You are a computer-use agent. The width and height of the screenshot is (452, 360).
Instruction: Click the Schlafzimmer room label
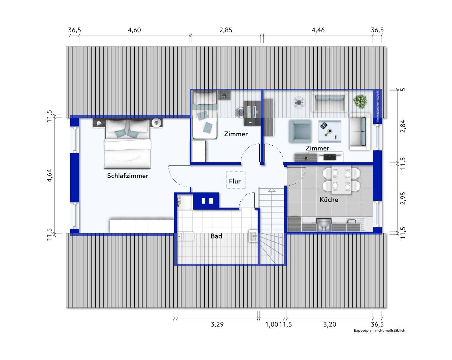click(x=127, y=175)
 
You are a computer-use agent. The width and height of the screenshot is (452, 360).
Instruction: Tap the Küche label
click(x=329, y=199)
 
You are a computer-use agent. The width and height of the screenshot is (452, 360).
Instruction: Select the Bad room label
click(x=216, y=236)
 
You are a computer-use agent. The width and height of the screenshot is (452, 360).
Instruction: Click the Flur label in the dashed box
click(x=234, y=181)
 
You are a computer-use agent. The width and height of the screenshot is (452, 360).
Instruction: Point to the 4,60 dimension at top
click(x=134, y=30)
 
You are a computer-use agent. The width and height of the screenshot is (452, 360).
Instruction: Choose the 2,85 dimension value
click(x=226, y=30)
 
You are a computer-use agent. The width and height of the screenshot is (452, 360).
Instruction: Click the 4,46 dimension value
click(x=318, y=30)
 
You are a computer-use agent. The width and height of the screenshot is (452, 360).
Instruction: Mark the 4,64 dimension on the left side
click(x=49, y=175)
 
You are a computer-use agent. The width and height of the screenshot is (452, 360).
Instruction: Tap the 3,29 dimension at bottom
click(x=217, y=324)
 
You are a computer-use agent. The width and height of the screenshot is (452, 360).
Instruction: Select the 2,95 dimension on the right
click(x=403, y=198)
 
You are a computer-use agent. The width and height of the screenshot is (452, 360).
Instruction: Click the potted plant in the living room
click(x=360, y=101)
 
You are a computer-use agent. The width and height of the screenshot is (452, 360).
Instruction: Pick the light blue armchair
click(x=300, y=131)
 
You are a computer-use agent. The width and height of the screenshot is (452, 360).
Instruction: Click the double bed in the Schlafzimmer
click(x=127, y=144)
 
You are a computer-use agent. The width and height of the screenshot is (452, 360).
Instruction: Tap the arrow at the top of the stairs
click(x=272, y=190)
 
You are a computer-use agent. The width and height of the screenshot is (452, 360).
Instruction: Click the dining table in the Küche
click(x=341, y=180)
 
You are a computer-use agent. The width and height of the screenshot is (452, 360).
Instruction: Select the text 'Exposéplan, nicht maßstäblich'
click(x=379, y=330)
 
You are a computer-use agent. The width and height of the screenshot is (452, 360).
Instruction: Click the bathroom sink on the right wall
click(x=253, y=237)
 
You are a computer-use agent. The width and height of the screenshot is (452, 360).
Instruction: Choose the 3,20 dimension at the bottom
click(x=330, y=324)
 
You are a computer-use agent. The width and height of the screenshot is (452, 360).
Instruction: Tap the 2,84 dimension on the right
click(x=403, y=126)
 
